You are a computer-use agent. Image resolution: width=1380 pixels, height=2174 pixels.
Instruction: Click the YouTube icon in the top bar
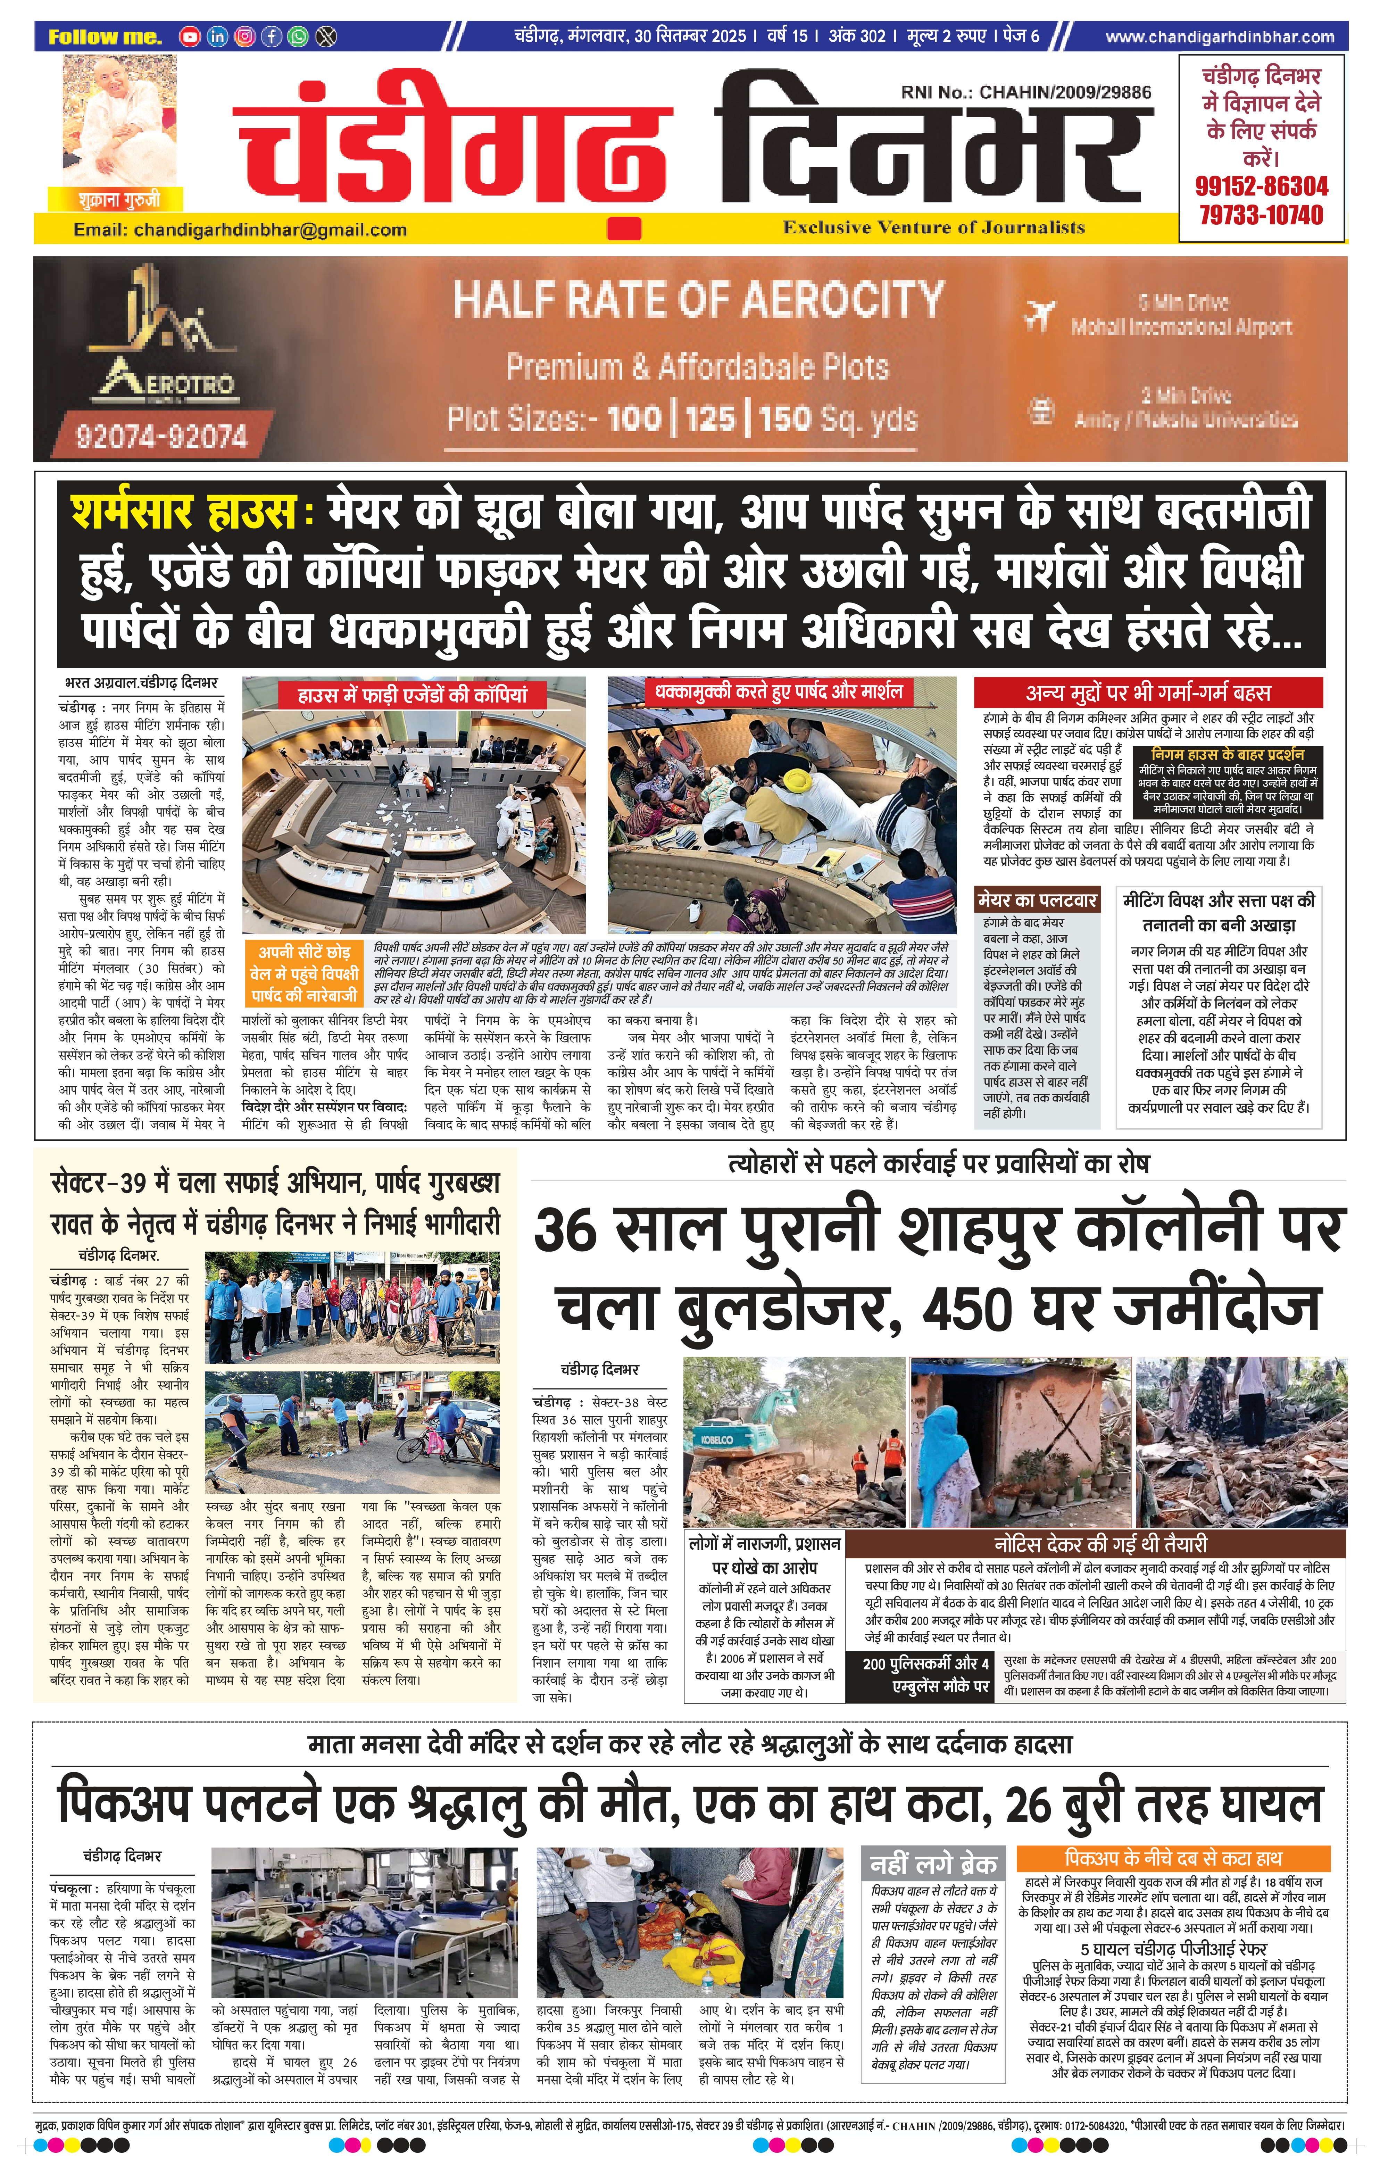pyautogui.click(x=190, y=37)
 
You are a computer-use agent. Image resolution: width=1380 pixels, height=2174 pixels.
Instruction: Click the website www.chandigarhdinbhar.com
pyautogui.click(x=1219, y=37)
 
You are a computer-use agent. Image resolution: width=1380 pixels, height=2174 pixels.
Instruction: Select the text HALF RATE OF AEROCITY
pyautogui.click(x=698, y=299)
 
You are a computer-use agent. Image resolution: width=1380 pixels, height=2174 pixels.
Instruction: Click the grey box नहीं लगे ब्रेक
pyautogui.click(x=932, y=1864)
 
